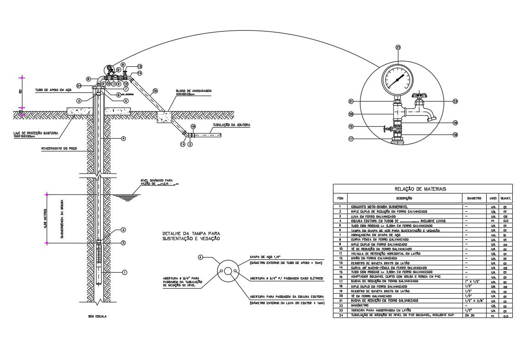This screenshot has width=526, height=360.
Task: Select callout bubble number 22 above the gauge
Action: pyautogui.click(x=398, y=47)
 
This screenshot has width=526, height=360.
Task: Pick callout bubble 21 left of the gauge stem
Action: pyautogui.click(x=351, y=101)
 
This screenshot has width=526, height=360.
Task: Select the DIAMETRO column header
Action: pyautogui.click(x=474, y=199)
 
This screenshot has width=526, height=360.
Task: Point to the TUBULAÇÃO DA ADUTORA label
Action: pyautogui.click(x=231, y=125)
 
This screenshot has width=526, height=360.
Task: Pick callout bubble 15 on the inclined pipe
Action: pyautogui.click(x=155, y=91)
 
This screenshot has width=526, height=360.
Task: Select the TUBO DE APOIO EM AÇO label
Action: pyautogui.click(x=54, y=90)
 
